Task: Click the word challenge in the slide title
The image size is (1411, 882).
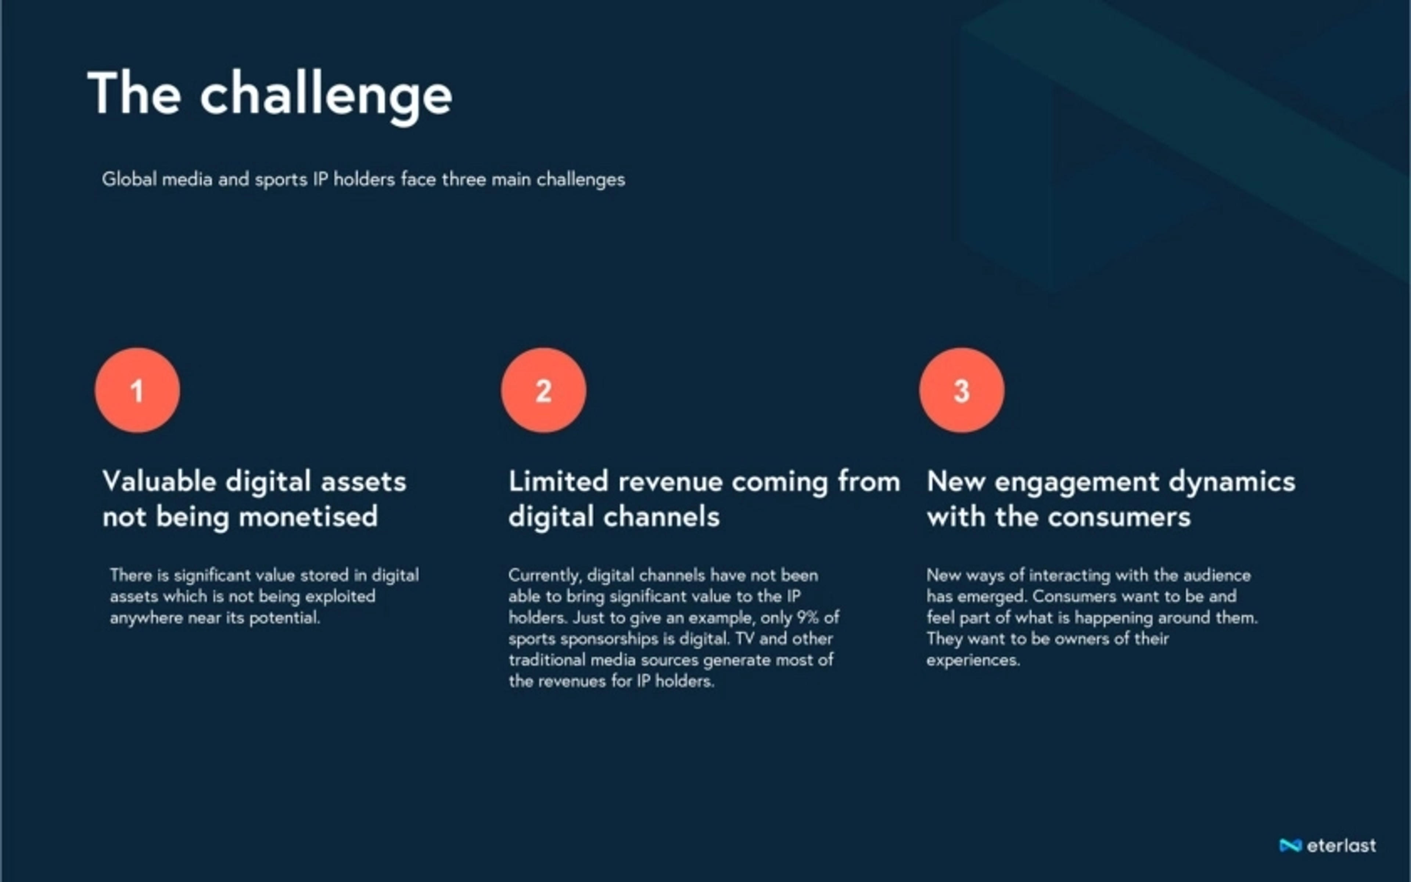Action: (x=326, y=96)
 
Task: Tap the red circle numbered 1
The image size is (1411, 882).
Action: (x=137, y=390)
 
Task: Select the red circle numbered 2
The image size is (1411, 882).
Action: (x=543, y=390)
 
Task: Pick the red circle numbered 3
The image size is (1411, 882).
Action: (x=962, y=390)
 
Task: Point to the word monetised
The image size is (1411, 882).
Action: (x=308, y=517)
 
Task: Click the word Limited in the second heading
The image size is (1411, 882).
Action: (x=559, y=482)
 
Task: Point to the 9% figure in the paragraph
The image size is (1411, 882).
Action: (x=808, y=617)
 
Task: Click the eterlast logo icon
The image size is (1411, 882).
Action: (x=1290, y=845)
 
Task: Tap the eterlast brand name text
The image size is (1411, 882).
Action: (x=1341, y=845)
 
